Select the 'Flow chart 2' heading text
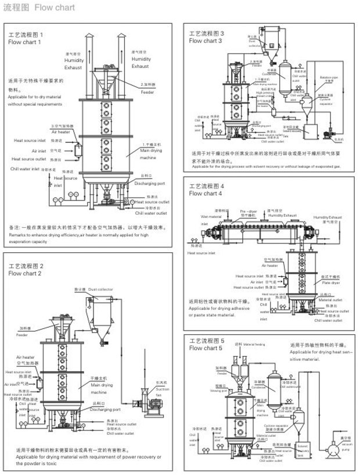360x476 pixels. [23, 273]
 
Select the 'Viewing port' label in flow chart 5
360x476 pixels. [218, 388]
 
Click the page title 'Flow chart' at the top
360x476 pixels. [55, 8]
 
